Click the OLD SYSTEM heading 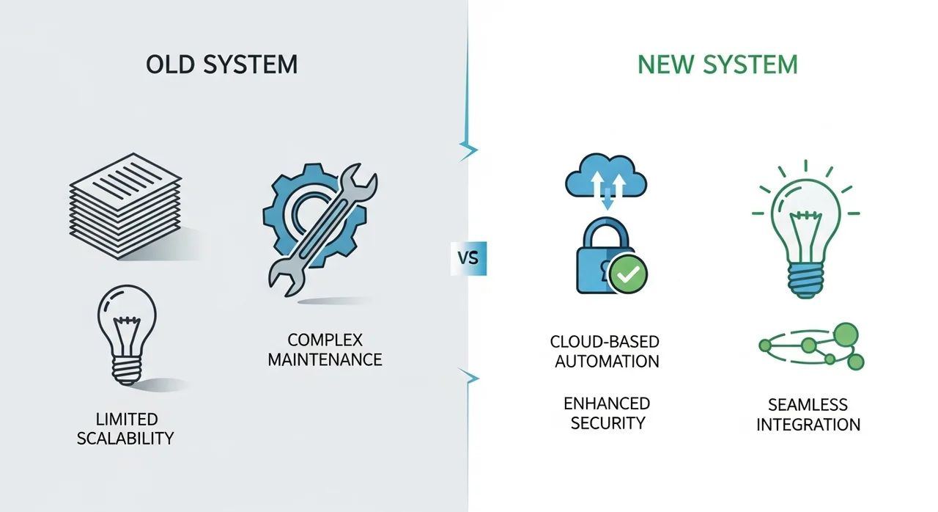(222, 65)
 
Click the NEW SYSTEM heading (717, 65)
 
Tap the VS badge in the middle (468, 258)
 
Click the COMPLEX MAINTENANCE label (325, 350)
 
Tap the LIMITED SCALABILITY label (125, 429)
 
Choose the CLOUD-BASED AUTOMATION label (606, 351)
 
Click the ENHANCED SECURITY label (606, 413)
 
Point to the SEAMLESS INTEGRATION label (808, 414)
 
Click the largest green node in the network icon (846, 334)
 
